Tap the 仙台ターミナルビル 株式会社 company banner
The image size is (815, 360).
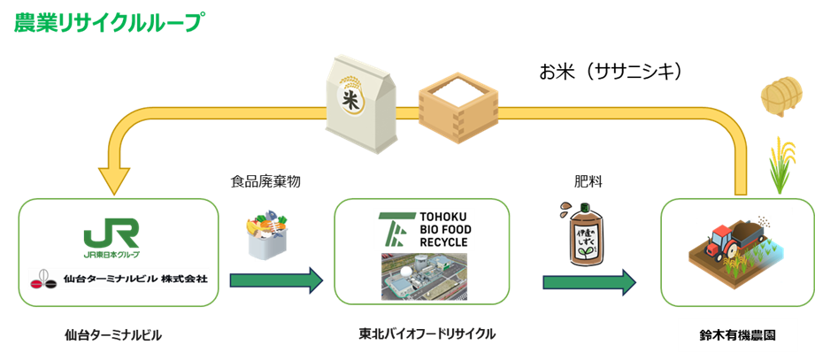coord(118,279)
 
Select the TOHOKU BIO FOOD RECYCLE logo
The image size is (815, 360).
coord(424,229)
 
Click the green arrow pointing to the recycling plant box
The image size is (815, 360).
coord(276,281)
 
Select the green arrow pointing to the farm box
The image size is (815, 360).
coord(589,282)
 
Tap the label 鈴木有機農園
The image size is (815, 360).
coord(736,336)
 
